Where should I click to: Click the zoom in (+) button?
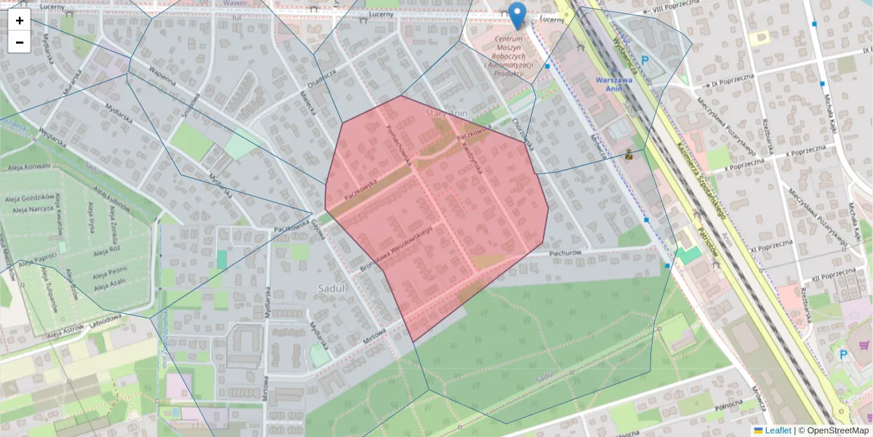pyautogui.click(x=20, y=20)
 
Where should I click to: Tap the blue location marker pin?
pyautogui.click(x=517, y=15)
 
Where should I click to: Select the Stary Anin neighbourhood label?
pyautogui.click(x=446, y=114)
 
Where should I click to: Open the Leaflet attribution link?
pyautogui.click(x=777, y=430)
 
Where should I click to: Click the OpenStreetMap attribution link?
pyautogui.click(x=837, y=430)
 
